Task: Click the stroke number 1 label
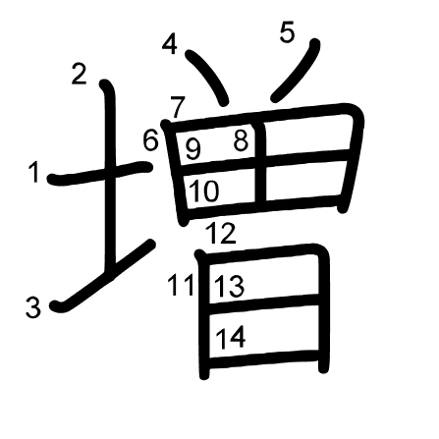(x=34, y=173)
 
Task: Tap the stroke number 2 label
(x=79, y=75)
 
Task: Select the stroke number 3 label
(x=33, y=307)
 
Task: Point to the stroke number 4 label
(x=170, y=44)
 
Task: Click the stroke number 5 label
(x=287, y=32)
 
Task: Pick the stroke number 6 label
(x=151, y=140)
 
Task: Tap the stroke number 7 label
(x=178, y=107)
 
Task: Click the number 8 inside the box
(x=241, y=141)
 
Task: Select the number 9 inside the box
(x=192, y=149)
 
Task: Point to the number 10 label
(x=203, y=192)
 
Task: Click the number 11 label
(x=181, y=285)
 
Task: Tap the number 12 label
(x=221, y=233)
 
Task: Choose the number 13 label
(x=229, y=287)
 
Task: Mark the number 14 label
(x=231, y=338)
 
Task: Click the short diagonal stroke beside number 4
(x=208, y=78)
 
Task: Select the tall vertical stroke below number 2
(x=109, y=177)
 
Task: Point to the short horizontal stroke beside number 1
(x=100, y=173)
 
